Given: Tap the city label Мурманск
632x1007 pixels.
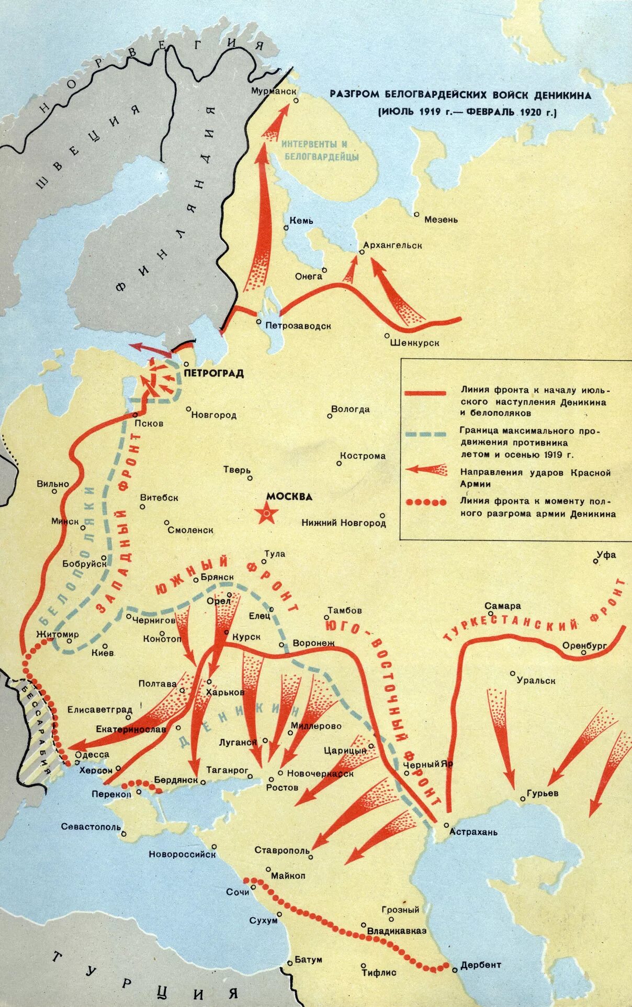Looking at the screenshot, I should point(270,91).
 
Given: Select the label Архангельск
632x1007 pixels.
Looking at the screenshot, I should point(392,245).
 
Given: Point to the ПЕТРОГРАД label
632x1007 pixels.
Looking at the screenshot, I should point(214,373).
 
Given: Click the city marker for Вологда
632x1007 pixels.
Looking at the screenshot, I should point(330,416).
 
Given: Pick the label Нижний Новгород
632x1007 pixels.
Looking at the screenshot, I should point(344,523).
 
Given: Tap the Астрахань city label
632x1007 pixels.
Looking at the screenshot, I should point(473,832).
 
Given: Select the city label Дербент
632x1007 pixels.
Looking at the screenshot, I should point(480,964).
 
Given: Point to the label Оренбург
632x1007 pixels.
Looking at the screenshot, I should point(584,645).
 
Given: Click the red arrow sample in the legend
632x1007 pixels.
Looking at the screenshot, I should point(426,469).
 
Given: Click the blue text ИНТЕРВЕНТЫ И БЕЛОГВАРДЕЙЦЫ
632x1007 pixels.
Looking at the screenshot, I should point(320,150).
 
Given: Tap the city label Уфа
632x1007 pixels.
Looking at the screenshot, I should point(606,555).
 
